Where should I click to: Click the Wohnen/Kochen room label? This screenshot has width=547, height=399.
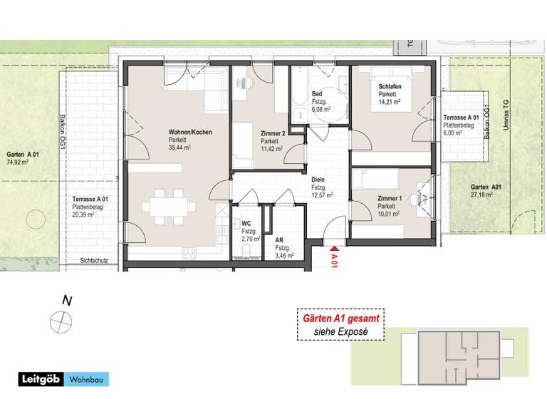click(190, 133)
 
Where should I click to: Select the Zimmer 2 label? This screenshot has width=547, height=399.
click(273, 133)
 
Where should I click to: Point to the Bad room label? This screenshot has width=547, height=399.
click(317, 94)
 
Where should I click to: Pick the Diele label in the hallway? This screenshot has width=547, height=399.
click(318, 180)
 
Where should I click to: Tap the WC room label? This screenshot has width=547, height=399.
click(246, 224)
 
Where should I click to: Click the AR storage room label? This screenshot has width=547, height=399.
click(279, 240)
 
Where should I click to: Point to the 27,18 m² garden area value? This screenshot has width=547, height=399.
click(485, 195)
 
